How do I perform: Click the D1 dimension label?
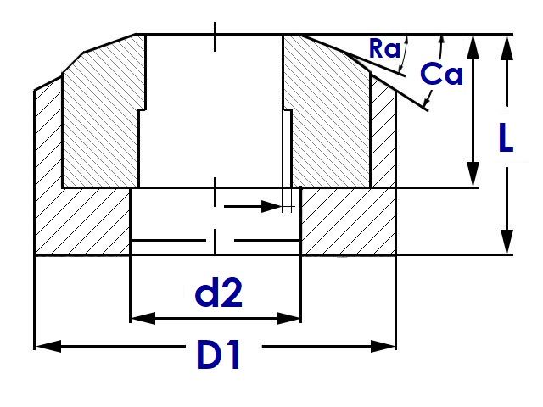(x=219, y=354)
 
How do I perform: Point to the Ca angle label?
(x=441, y=74)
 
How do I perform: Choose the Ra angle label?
(x=384, y=48)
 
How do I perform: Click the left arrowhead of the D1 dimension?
(x=48, y=346)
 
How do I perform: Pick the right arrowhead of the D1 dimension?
(x=383, y=346)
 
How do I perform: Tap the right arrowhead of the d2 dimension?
(x=288, y=318)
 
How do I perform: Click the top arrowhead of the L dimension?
(x=507, y=47)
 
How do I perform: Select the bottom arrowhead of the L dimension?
(x=507, y=242)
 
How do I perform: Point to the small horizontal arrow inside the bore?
(x=253, y=207)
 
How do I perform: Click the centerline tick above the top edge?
(x=215, y=36)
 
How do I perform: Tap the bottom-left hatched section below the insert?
(x=82, y=221)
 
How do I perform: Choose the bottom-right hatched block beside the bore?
(x=349, y=221)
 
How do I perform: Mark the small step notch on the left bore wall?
(x=142, y=109)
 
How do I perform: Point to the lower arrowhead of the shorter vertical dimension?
(x=473, y=174)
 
